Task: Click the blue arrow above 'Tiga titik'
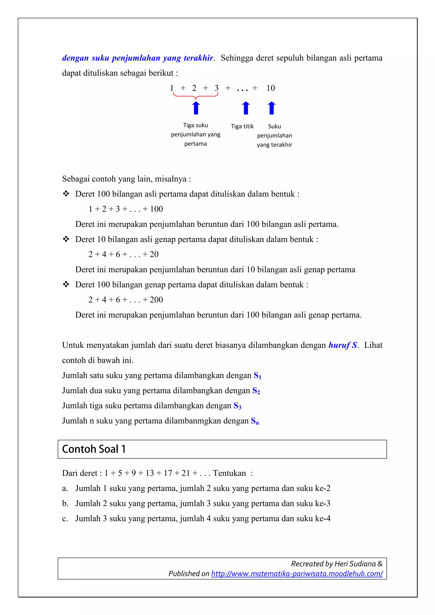coord(246,108)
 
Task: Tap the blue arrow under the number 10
coord(271,108)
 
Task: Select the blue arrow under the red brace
coord(196,108)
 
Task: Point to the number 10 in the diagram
coord(270,88)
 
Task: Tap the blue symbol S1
coord(257,376)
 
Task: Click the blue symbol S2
coord(256,391)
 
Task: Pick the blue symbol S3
coord(237,406)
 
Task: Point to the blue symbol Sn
coord(255,421)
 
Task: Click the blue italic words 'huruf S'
coord(343,345)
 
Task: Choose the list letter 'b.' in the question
coord(65,504)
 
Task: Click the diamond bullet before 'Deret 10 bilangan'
coord(66,239)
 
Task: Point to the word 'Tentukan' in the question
coord(229,473)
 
